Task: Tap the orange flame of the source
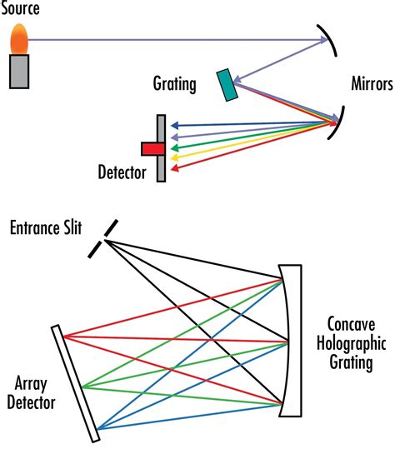point(20,37)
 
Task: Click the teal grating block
point(226,84)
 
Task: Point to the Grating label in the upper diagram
point(174,84)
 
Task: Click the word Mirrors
point(372,84)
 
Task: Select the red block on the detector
point(152,149)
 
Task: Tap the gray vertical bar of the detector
point(162,147)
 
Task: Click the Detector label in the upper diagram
point(122,174)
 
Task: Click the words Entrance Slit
point(46,227)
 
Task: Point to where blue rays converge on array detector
point(97,430)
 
